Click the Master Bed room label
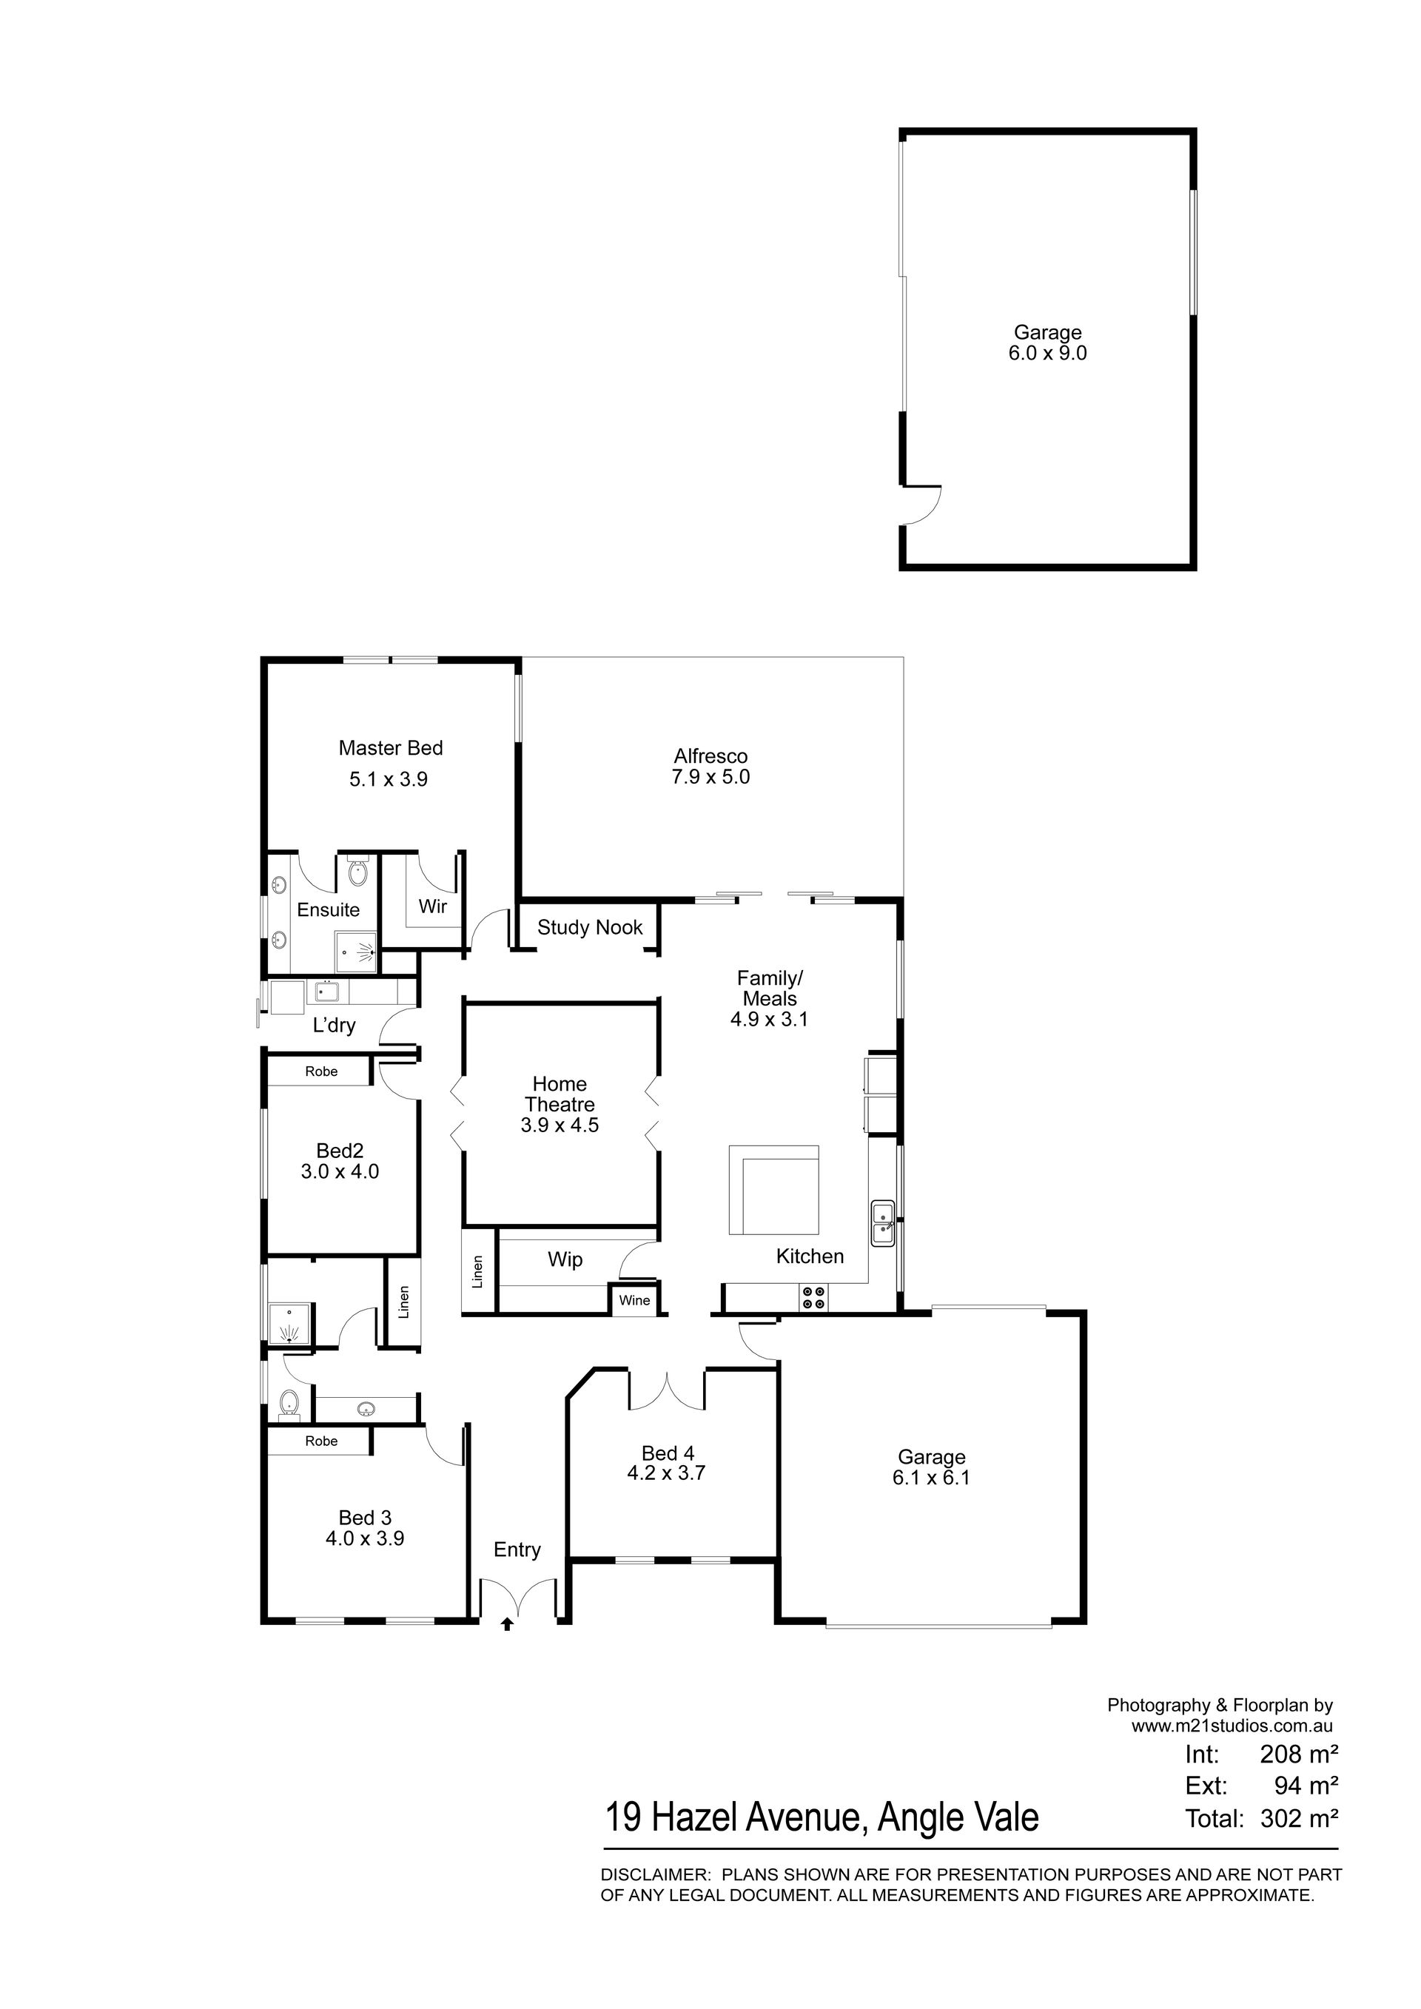[x=390, y=748]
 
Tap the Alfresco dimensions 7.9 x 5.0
[x=710, y=777]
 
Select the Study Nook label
[x=590, y=927]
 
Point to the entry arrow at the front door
[x=507, y=1625]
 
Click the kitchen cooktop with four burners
[x=813, y=1298]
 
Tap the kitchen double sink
[x=882, y=1223]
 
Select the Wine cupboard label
[x=634, y=1300]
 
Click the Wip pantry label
[x=565, y=1259]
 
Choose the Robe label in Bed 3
[x=321, y=1441]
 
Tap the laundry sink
[x=326, y=992]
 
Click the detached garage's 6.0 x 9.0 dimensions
[x=1047, y=354]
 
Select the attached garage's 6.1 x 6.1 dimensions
[x=931, y=1478]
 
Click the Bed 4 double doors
[x=668, y=1392]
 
